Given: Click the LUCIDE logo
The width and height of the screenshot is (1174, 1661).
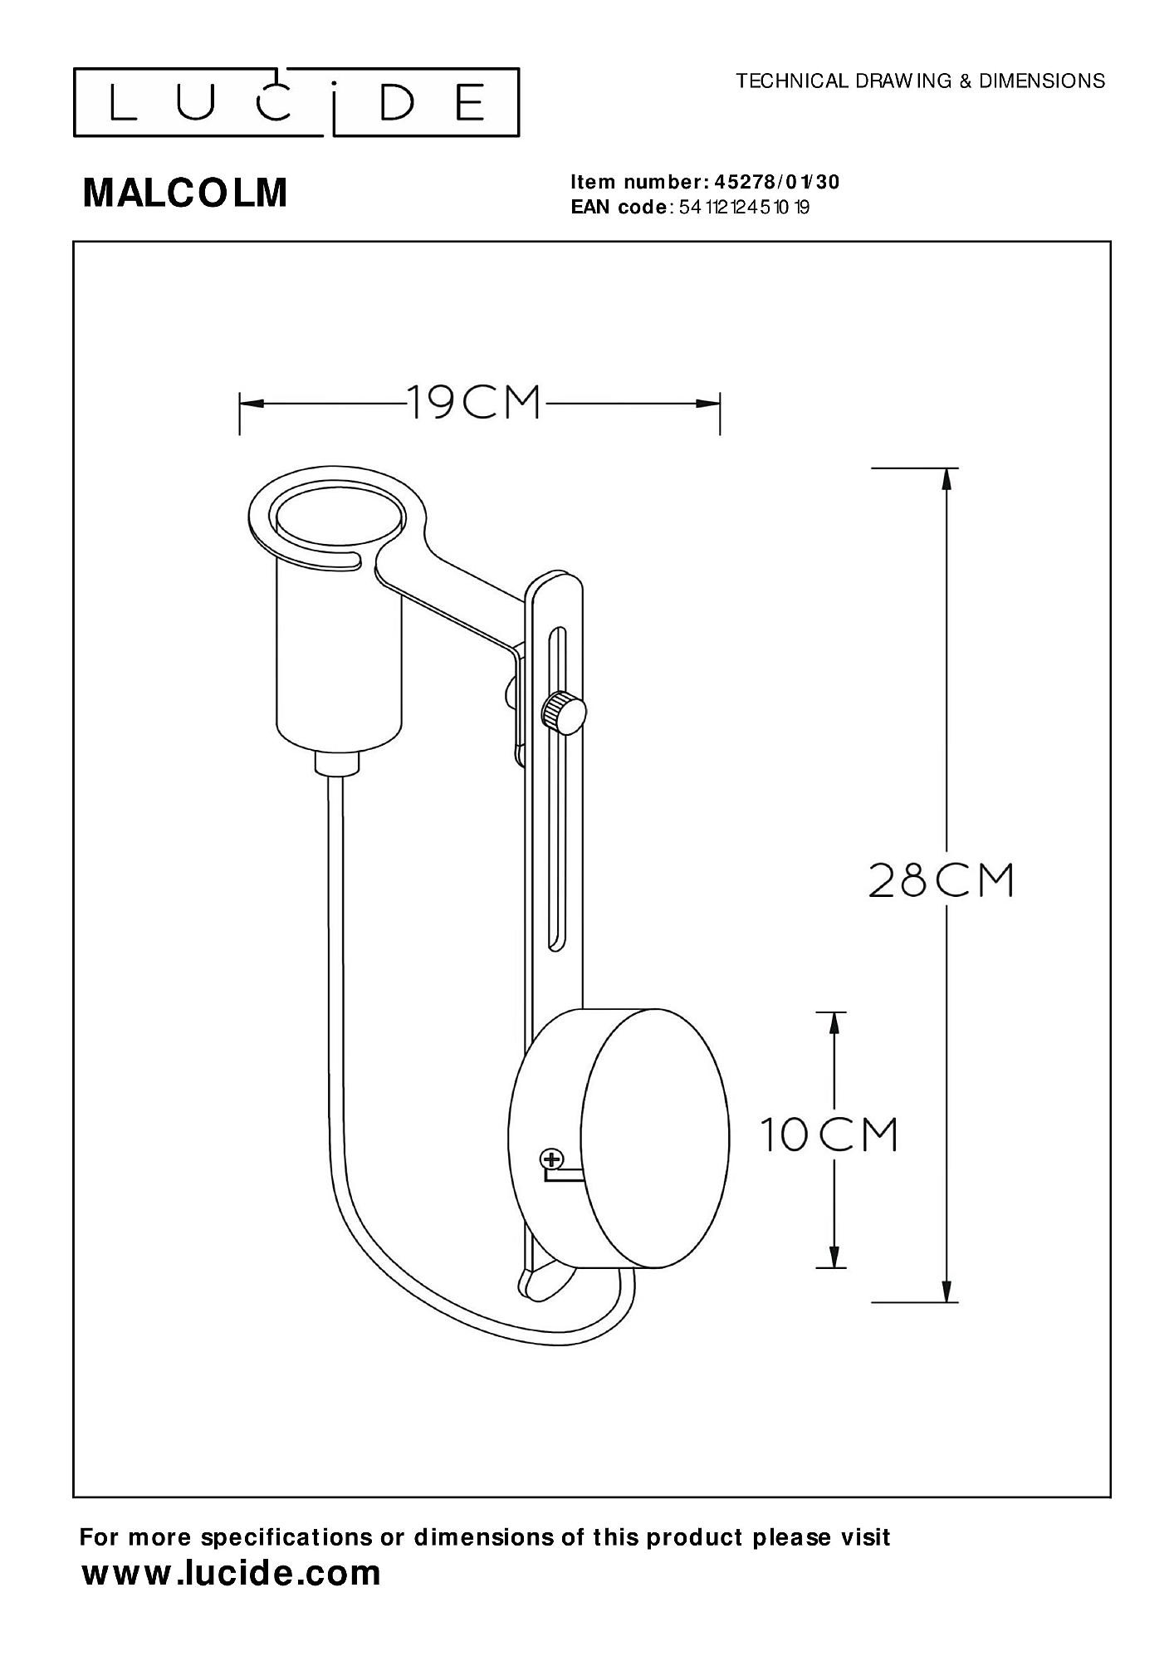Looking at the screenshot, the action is click(296, 102).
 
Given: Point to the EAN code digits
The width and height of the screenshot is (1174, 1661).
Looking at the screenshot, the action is click(744, 208).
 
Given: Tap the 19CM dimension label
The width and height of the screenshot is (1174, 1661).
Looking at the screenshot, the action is click(474, 404).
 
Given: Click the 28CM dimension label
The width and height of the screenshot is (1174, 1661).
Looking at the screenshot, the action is click(942, 880).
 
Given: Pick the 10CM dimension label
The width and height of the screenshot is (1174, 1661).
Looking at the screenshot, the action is click(829, 1134).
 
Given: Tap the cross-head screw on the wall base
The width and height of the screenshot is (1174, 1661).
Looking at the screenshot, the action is click(551, 1159).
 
